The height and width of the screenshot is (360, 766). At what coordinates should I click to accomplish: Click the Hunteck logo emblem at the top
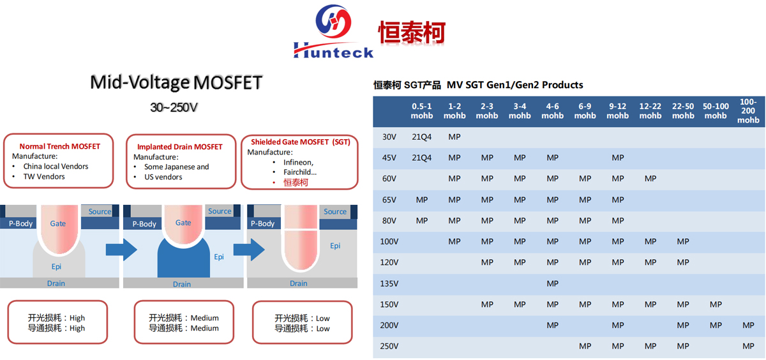pos(333,22)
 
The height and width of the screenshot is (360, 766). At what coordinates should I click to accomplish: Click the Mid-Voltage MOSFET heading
pos(176,82)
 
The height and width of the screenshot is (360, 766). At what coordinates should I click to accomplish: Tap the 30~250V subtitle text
pos(174,107)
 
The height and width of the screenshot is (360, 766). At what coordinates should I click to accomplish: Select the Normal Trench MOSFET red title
pos(59,146)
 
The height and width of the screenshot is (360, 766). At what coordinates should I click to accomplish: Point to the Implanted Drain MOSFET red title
pos(179,147)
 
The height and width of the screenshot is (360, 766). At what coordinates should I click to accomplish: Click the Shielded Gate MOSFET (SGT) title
pos(301,142)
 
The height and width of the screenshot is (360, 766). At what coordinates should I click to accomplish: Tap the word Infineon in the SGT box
pos(298,162)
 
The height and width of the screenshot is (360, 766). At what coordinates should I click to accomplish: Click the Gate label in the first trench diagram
pos(58,223)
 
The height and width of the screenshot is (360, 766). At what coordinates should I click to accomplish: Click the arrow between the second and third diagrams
pos(249,250)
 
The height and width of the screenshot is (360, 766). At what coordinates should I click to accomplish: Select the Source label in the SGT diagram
pos(335,212)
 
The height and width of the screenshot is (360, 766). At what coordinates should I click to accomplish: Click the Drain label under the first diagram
pos(56,283)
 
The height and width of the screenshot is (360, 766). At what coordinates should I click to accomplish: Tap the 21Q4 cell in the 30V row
pos(422,137)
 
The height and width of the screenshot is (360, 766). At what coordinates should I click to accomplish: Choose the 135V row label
pos(389,283)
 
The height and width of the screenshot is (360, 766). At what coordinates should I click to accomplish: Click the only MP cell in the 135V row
pos(552,283)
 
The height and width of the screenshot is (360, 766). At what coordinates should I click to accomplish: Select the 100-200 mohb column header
pos(748,111)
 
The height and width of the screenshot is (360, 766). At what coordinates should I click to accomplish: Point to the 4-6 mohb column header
pos(552,111)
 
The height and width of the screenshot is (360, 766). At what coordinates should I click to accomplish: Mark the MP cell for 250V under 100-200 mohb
pos(748,346)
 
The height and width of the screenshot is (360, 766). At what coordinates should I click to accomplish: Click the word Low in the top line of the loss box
pos(323,319)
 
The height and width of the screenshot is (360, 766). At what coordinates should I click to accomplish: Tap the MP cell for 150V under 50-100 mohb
pos(716,304)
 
